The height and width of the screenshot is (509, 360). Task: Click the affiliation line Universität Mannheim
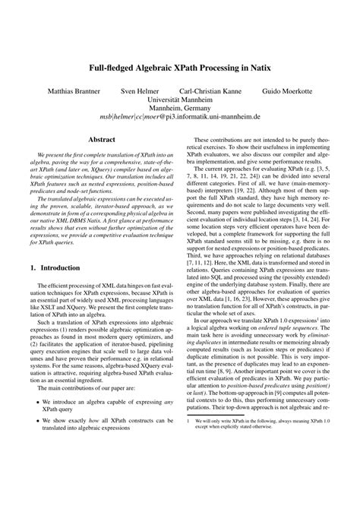point(180,100)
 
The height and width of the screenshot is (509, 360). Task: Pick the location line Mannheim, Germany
point(180,109)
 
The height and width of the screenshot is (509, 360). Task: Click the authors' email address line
point(180,119)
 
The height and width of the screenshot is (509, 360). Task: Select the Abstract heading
point(102,141)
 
